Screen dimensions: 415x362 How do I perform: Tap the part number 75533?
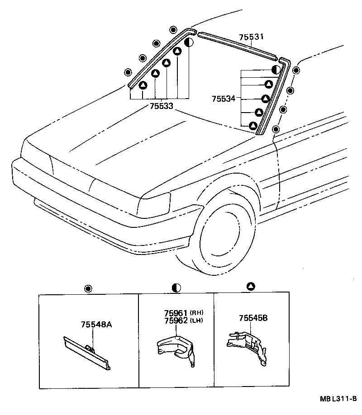(x=162, y=107)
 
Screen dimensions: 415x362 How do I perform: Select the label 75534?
(x=224, y=98)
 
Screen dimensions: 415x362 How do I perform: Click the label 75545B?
(x=253, y=318)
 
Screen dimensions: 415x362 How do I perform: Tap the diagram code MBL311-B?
(x=339, y=399)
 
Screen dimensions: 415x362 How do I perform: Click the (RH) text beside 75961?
(x=196, y=313)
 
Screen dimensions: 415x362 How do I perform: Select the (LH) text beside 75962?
(x=196, y=321)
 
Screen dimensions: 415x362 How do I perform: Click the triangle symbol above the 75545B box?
(x=251, y=286)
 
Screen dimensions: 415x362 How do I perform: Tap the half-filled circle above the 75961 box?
(x=176, y=288)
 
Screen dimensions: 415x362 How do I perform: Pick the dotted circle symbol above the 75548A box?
(x=88, y=288)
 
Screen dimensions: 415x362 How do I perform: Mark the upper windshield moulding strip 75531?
(x=238, y=45)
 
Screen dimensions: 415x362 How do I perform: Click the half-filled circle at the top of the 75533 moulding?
(x=189, y=43)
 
